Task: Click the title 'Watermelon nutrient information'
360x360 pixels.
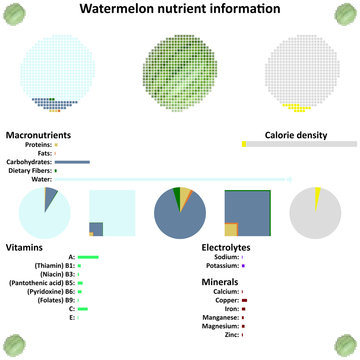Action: pyautogui.click(x=179, y=10)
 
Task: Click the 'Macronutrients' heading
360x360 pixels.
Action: pyautogui.click(x=38, y=134)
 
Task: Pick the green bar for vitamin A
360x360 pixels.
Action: pyautogui.click(x=88, y=256)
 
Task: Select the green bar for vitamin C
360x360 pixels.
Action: pyautogui.click(x=83, y=309)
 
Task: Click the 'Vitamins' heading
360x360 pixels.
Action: pyautogui.click(x=24, y=246)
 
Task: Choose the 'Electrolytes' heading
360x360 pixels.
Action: pyautogui.click(x=226, y=246)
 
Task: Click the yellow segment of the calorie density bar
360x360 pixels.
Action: pyautogui.click(x=244, y=145)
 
